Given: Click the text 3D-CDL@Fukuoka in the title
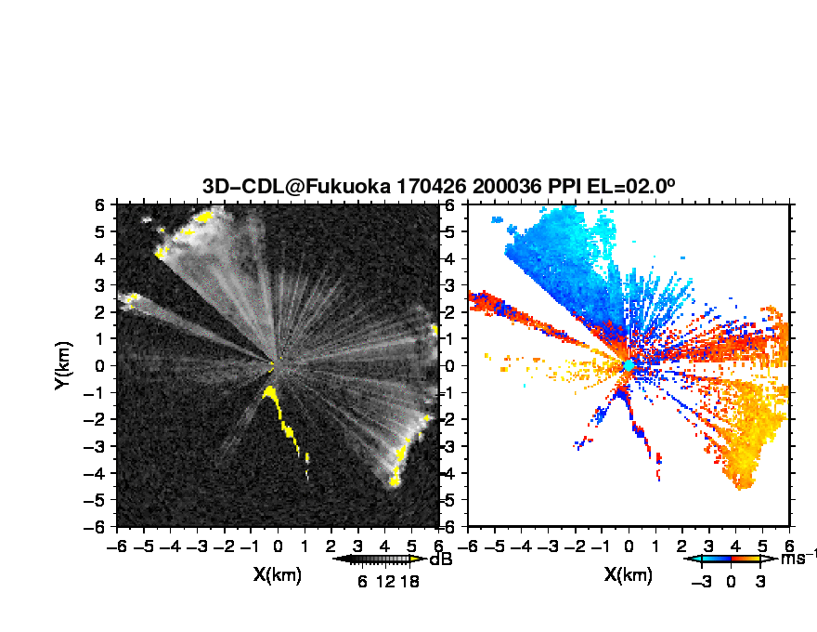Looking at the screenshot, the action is pyautogui.click(x=296, y=186).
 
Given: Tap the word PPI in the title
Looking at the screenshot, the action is pyautogui.click(x=564, y=186).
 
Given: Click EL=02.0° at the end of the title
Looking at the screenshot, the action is pyautogui.click(x=631, y=186).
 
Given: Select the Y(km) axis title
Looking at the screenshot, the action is pyautogui.click(x=63, y=365).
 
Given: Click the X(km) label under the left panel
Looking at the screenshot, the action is pyautogui.click(x=278, y=574).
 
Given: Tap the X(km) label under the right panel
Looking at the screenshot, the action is pyautogui.click(x=629, y=574).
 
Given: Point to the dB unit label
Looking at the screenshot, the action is pyautogui.click(x=440, y=560).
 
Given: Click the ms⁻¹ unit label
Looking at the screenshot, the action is pyautogui.click(x=798, y=558).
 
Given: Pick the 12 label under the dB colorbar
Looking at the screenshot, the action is pyautogui.click(x=385, y=582).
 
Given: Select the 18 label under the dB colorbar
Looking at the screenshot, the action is pyautogui.click(x=409, y=582).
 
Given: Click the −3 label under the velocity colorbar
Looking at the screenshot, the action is pyautogui.click(x=701, y=582).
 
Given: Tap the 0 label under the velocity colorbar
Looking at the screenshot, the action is pyautogui.click(x=731, y=582).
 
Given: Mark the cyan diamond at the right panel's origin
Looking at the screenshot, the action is pyautogui.click(x=629, y=365).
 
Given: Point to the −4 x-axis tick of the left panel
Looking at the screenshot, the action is pyautogui.click(x=170, y=546).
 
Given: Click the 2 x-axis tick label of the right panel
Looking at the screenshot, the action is pyautogui.click(x=682, y=546).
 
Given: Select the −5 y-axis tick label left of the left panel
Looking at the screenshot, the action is pyautogui.click(x=95, y=500).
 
